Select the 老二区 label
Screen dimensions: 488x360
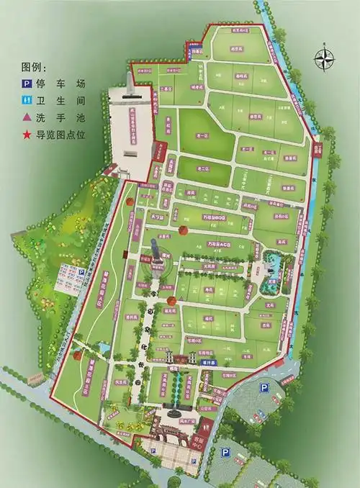(204, 169)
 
